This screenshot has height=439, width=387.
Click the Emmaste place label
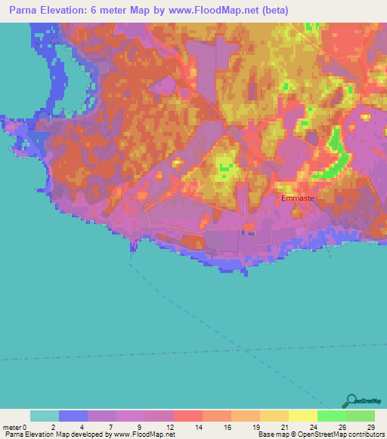[x=298, y=199]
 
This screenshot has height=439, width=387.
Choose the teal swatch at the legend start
[x=45, y=416]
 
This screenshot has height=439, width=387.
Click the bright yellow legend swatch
[x=302, y=416]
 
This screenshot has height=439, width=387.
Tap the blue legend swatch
[x=73, y=416]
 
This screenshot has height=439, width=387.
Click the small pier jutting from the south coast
[x=135, y=246]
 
